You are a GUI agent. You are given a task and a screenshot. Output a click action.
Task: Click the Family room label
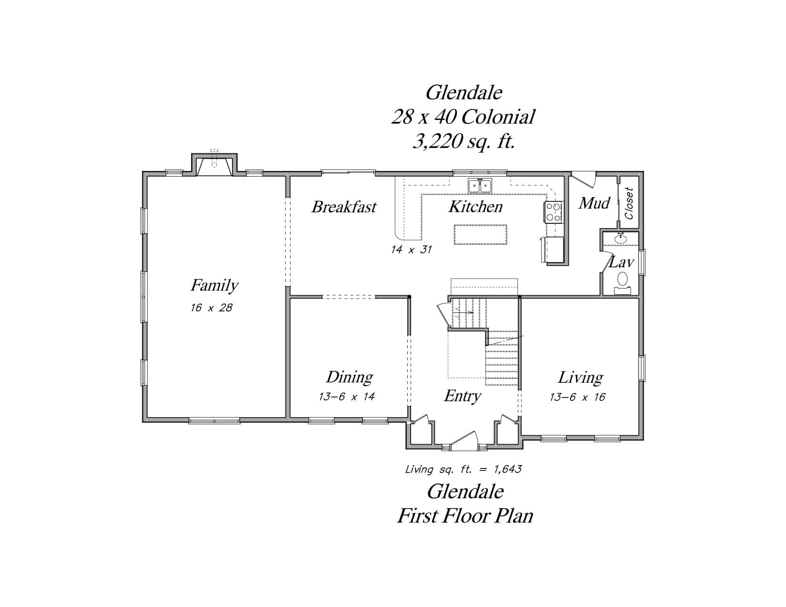point(214,285)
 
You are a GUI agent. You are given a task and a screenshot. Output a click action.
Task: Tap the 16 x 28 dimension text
point(212,308)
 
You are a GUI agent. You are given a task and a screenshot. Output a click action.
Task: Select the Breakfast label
point(344,207)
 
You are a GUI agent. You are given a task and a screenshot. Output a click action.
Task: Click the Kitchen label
point(476,207)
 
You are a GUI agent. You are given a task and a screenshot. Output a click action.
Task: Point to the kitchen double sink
point(480,186)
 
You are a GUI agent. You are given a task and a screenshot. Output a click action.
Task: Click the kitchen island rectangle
point(480,235)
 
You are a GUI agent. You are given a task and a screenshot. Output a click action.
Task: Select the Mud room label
point(595,203)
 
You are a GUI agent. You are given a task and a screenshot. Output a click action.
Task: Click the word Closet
point(629,203)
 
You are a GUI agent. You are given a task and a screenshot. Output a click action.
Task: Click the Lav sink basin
point(621,239)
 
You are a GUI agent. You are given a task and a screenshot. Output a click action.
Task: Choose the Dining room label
point(350,377)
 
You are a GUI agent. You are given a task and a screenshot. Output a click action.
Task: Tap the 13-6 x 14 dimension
point(346,397)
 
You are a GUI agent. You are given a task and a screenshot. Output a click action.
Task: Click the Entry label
point(463,396)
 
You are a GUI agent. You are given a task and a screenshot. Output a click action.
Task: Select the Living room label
point(580,378)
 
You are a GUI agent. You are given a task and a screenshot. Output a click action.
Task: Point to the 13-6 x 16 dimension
point(577,397)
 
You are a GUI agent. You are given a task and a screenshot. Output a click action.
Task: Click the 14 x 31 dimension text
point(411,249)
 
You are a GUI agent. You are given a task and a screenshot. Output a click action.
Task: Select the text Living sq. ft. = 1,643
point(464,469)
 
